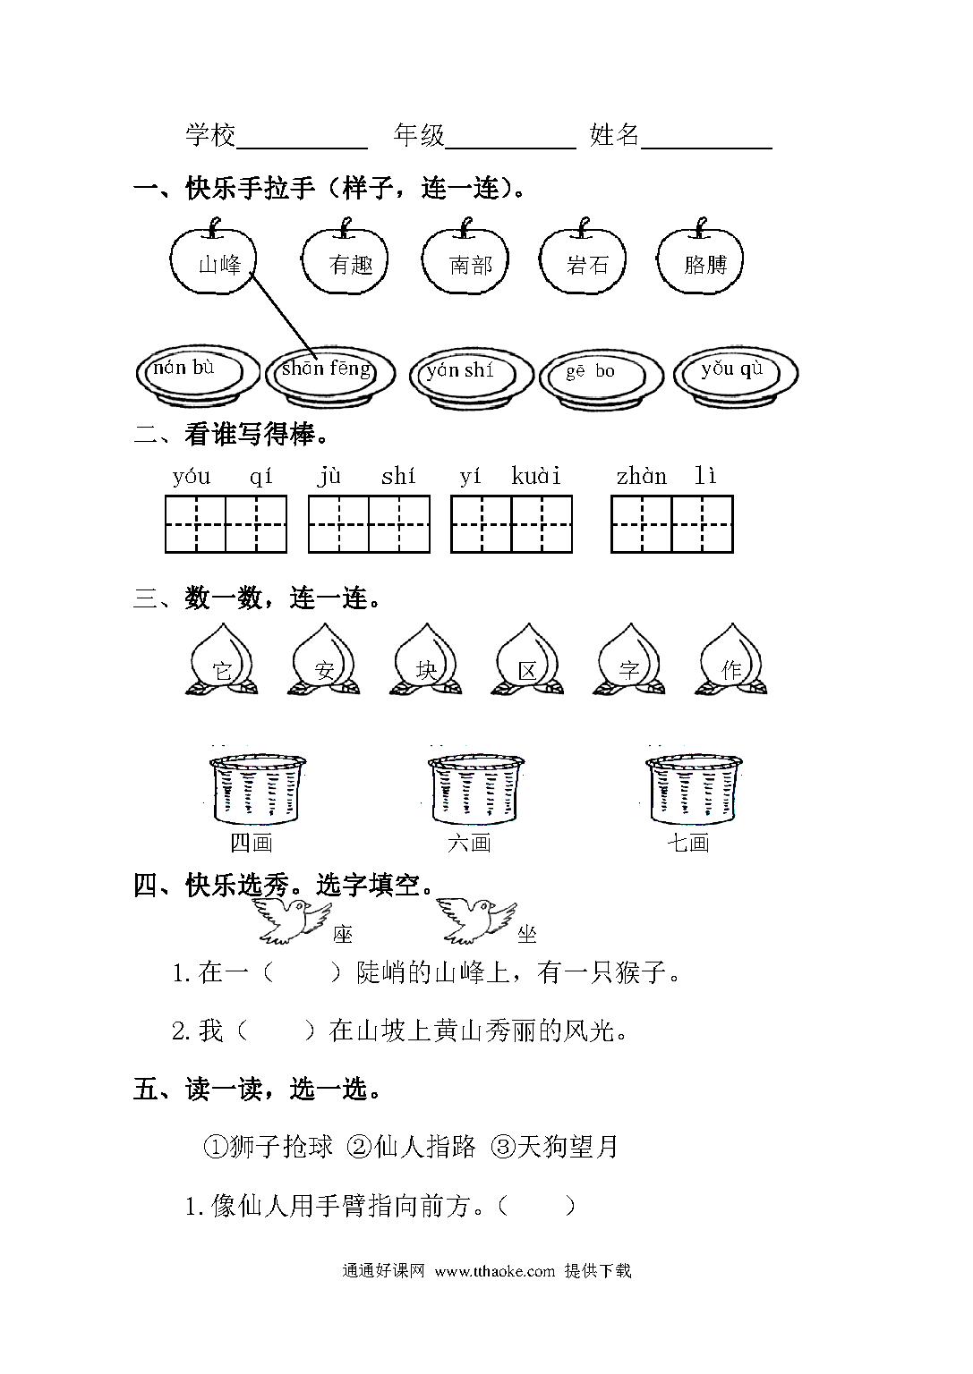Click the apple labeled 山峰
(x=213, y=257)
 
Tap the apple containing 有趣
(x=345, y=257)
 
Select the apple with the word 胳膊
(x=700, y=257)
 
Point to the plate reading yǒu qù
(x=736, y=376)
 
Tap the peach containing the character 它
(x=222, y=659)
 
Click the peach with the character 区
(x=527, y=659)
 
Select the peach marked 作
(x=731, y=659)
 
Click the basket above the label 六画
(x=475, y=790)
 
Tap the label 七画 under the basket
(x=688, y=843)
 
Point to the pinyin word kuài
(x=536, y=476)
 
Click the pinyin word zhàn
(x=642, y=476)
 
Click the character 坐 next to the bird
(x=526, y=934)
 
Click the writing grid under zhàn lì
(x=672, y=524)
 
